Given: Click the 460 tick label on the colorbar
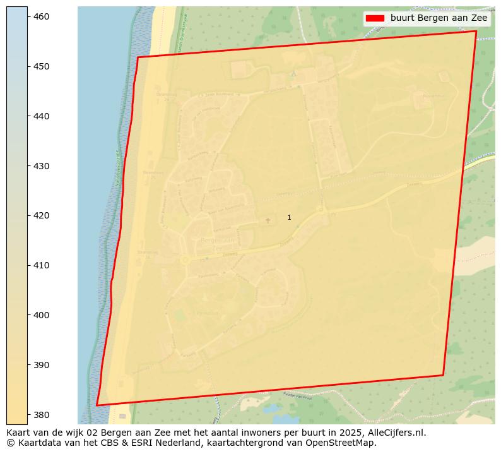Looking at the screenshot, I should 41,16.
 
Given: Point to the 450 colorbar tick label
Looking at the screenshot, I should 41,66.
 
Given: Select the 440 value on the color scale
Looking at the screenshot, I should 41,116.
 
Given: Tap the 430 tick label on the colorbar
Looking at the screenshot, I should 41,166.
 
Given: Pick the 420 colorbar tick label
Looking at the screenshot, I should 41,215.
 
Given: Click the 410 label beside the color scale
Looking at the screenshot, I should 41,265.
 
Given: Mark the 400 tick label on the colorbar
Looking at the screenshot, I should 41,315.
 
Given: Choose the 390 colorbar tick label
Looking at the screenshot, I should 41,365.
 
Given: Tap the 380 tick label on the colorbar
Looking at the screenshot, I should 41,415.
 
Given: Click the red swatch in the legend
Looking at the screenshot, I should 375,18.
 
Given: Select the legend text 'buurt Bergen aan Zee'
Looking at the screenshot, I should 439,18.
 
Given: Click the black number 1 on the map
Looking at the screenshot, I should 289,217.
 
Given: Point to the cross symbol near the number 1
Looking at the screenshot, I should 268,220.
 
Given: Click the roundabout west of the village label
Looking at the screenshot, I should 185,260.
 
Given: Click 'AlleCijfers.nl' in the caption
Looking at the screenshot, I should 395,433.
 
